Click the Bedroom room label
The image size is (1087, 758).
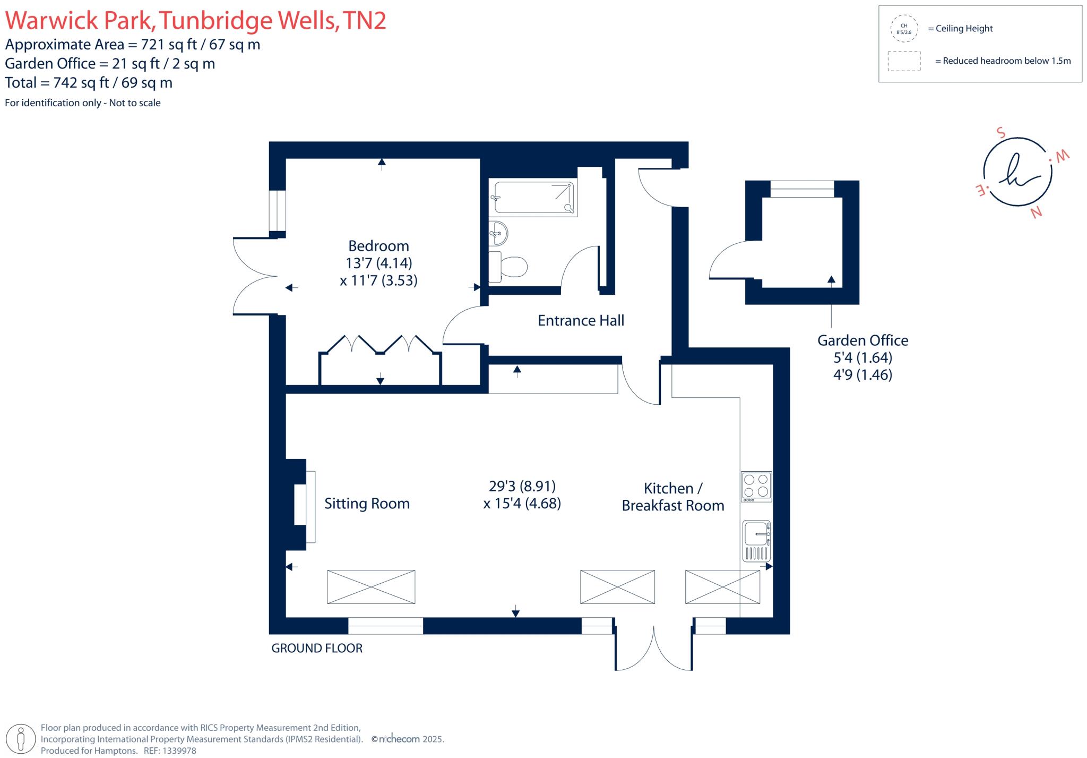pos(378,246)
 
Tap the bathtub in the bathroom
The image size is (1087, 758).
pos(533,198)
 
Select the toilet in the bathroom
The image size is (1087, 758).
pos(508,266)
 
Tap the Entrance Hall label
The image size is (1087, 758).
pos(581,320)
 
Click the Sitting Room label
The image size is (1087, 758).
pos(367,504)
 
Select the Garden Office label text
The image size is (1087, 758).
pos(862,340)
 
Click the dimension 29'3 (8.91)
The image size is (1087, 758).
pos(522,486)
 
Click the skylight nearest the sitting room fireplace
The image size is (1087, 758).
pos(371,586)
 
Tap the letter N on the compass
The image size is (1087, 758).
pos(1036,212)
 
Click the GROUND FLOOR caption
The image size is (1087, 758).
pos(317,648)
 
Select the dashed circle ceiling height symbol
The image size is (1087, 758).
pos(904,29)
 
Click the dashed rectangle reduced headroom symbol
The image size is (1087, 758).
pos(904,61)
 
